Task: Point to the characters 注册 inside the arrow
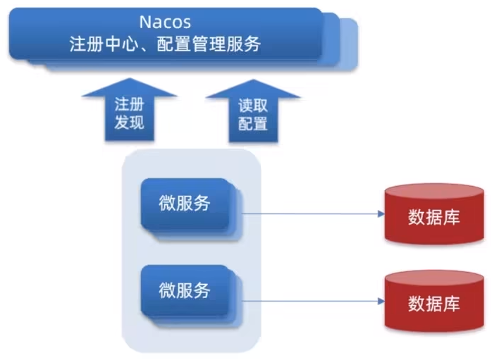pyautogui.click(x=129, y=104)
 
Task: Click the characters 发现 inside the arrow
pyautogui.click(x=129, y=123)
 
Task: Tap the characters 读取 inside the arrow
pyautogui.click(x=252, y=104)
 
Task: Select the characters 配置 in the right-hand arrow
pyautogui.click(x=252, y=124)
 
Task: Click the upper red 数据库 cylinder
pyautogui.click(x=434, y=214)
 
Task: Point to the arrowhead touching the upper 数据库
pyautogui.click(x=380, y=213)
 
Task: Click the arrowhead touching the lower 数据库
pyautogui.click(x=380, y=301)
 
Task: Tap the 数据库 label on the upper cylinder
pyautogui.click(x=434, y=217)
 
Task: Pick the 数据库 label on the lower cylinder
pyautogui.click(x=434, y=304)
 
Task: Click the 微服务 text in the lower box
pyautogui.click(x=185, y=290)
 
